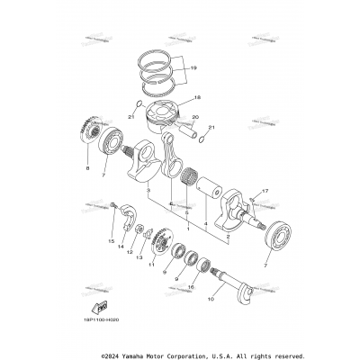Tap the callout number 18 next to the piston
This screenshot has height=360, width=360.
click(198, 96)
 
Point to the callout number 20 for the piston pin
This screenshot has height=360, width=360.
click(197, 116)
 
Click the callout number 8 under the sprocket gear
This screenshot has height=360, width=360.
click(88, 167)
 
